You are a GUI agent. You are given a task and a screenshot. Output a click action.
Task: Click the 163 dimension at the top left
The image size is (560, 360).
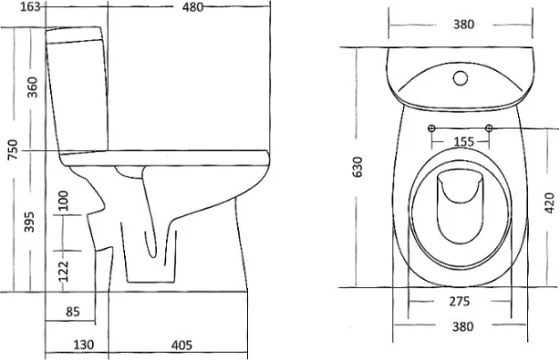click(x=31, y=6)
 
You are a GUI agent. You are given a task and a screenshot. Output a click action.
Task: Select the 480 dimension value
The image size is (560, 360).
click(x=192, y=6)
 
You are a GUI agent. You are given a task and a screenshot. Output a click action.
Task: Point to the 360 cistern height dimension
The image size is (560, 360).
click(x=32, y=87)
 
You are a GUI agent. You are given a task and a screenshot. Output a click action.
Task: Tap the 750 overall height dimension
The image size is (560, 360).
click(x=13, y=149)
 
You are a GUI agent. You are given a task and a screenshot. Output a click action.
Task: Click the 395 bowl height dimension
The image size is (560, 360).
click(x=29, y=221)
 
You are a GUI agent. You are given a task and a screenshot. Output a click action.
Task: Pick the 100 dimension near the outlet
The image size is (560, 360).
click(x=63, y=201)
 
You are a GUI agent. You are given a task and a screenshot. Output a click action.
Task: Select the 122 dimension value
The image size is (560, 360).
click(x=63, y=272)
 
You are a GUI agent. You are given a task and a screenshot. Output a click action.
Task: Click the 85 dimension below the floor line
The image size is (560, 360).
click(x=72, y=312)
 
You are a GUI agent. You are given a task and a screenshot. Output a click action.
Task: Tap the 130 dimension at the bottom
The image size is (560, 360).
click(x=84, y=345)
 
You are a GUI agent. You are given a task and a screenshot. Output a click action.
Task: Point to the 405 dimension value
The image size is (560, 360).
click(x=181, y=345)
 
